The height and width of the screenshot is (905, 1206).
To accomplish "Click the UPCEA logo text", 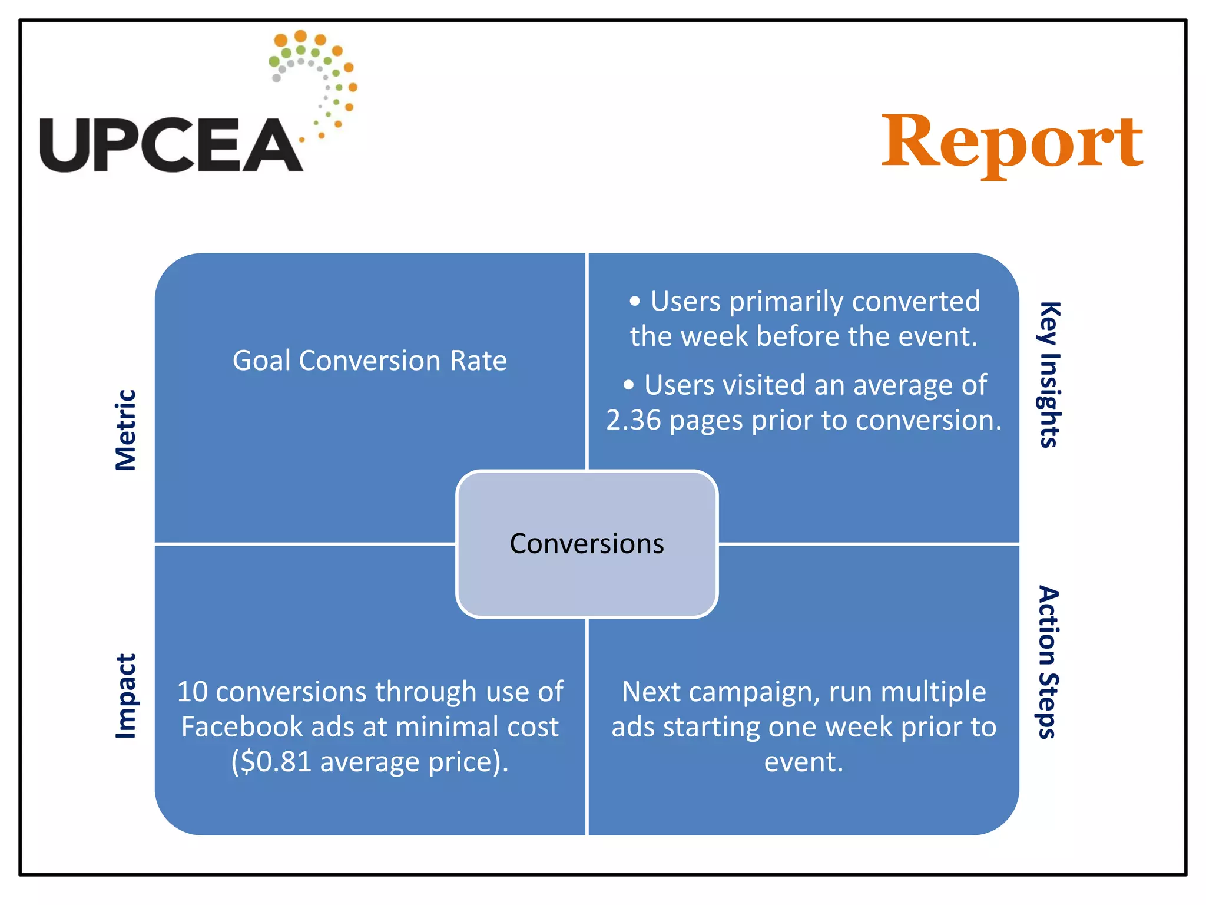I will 171,145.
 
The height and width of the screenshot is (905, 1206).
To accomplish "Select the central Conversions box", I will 587,543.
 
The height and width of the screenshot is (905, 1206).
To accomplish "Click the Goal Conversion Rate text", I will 369,360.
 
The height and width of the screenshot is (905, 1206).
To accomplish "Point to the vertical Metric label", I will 125,430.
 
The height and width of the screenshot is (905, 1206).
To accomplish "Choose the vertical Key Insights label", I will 1049,375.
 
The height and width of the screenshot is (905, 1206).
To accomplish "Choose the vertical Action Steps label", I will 1049,662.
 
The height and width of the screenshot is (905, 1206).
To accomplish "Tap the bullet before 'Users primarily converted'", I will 634,302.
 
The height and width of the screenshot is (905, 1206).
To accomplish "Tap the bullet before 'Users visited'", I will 628,385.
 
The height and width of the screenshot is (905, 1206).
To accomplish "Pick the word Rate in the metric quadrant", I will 478,360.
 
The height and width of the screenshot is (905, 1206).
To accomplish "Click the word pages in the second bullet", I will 706,421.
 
